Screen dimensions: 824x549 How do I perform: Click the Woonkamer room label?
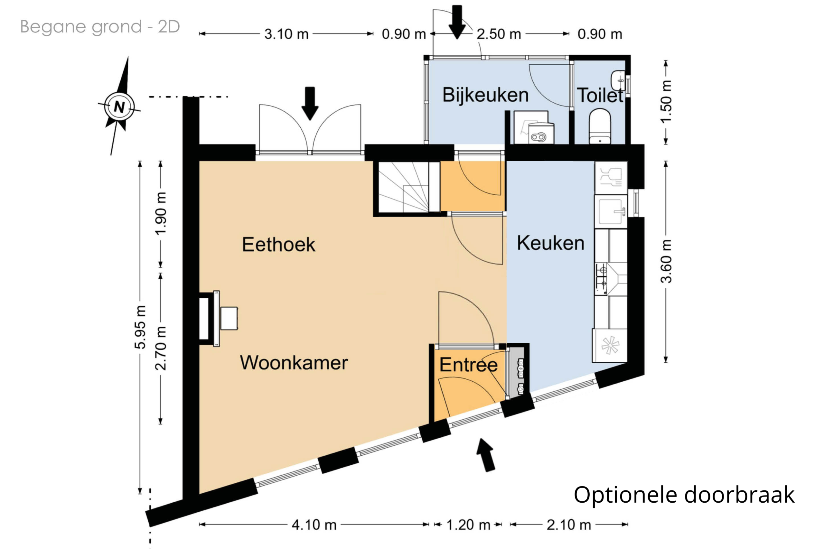point(294,363)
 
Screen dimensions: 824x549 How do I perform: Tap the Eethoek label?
point(278,244)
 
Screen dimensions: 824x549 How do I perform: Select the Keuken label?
point(550,243)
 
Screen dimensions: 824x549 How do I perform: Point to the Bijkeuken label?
point(485,95)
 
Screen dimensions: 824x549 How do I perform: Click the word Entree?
point(469,365)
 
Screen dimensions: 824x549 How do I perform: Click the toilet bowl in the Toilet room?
point(600,126)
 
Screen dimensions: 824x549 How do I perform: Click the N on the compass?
point(119,107)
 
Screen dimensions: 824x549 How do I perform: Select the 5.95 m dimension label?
point(140,327)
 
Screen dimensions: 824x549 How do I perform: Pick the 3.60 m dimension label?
point(666,261)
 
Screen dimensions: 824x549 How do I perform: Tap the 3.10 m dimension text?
point(286,34)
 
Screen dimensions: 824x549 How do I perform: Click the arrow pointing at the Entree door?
point(486,455)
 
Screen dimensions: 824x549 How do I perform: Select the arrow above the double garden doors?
point(310,103)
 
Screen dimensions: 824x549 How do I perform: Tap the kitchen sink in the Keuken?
point(611,211)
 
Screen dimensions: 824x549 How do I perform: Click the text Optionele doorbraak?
point(684,495)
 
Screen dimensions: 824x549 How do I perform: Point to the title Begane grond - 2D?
point(100,27)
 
